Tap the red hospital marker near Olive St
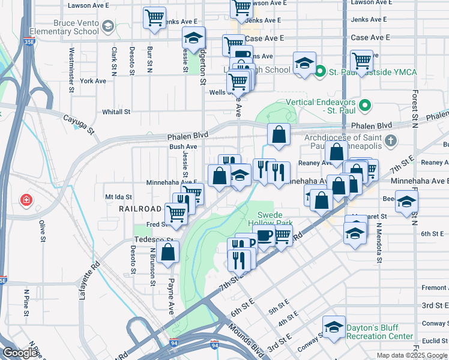click(x=26, y=199)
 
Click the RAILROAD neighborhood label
click(x=140, y=209)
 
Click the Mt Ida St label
click(x=118, y=196)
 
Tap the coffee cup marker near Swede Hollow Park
click(x=264, y=235)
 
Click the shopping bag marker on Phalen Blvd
click(x=279, y=135)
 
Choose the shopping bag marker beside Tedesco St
click(x=169, y=252)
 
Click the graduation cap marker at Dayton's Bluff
click(x=334, y=328)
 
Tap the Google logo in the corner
click(x=19, y=353)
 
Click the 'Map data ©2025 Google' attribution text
click(x=412, y=355)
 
